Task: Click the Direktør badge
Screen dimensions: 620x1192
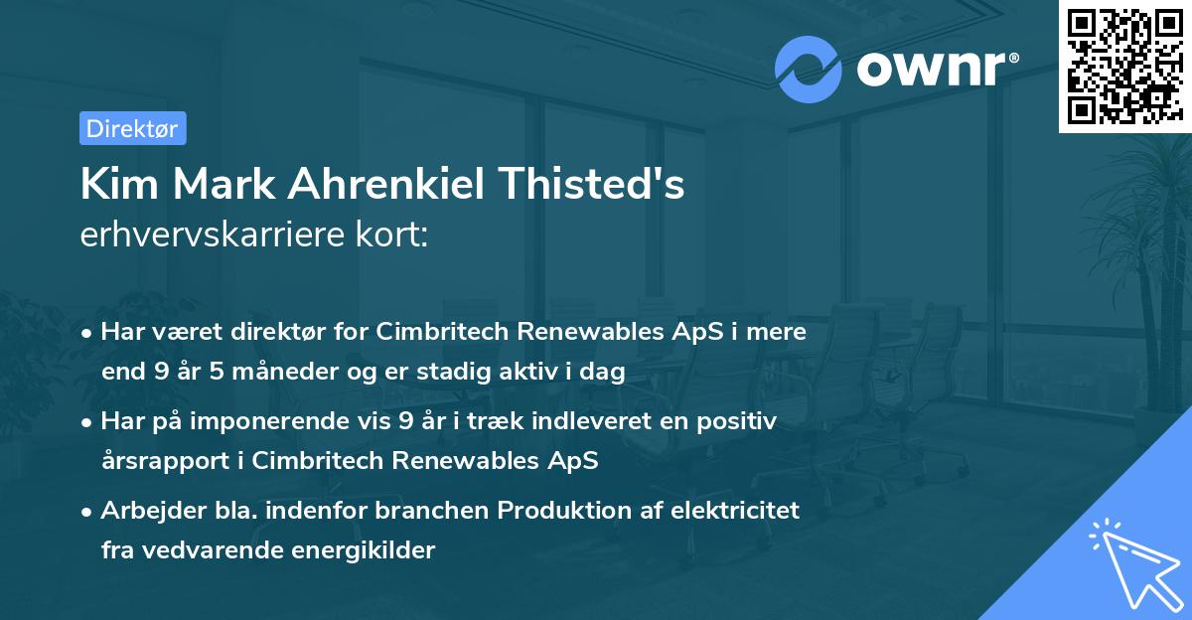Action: click(132, 128)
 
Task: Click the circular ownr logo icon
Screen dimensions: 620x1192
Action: click(808, 69)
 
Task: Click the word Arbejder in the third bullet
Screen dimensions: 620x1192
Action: click(145, 511)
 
